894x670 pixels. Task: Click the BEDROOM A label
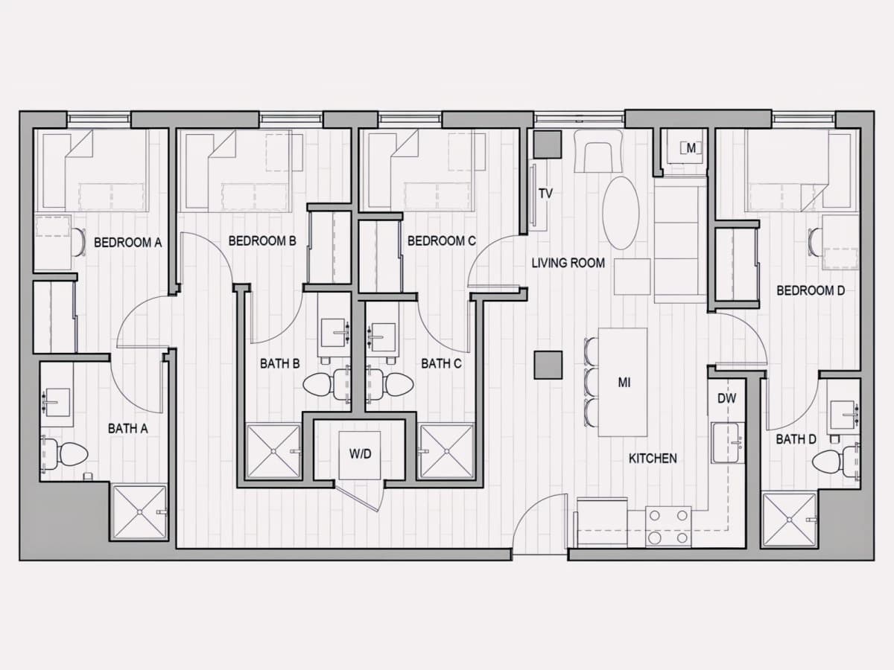point(128,243)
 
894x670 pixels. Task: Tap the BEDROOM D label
point(811,290)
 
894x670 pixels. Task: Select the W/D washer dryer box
point(360,455)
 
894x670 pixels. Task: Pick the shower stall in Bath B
point(273,452)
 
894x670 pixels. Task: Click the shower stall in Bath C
point(447,452)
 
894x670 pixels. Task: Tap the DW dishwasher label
point(726,399)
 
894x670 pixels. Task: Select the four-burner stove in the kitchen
point(668,526)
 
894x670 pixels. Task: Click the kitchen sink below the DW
point(728,443)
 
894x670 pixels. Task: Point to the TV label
point(546,194)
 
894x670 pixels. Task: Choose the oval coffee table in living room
point(621,213)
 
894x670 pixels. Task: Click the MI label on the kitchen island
point(624,383)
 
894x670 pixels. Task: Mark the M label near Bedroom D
point(691,148)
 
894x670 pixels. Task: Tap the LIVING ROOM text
point(568,264)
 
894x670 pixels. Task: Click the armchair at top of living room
point(598,151)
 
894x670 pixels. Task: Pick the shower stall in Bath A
point(139,512)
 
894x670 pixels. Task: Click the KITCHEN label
point(653,459)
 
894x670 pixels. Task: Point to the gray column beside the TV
point(548,144)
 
